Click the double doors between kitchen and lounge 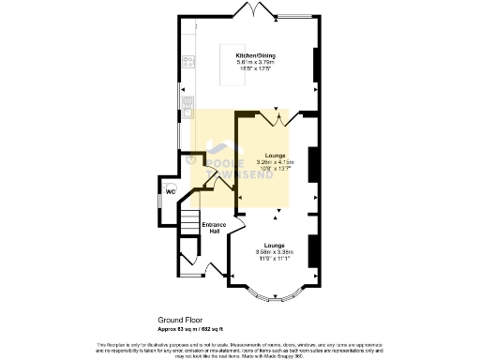click(x=277, y=119)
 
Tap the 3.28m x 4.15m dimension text click(x=275, y=162)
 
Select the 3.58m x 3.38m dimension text click(x=275, y=250)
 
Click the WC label click(x=171, y=192)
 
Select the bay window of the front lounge click(x=276, y=297)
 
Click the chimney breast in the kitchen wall click(x=315, y=66)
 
